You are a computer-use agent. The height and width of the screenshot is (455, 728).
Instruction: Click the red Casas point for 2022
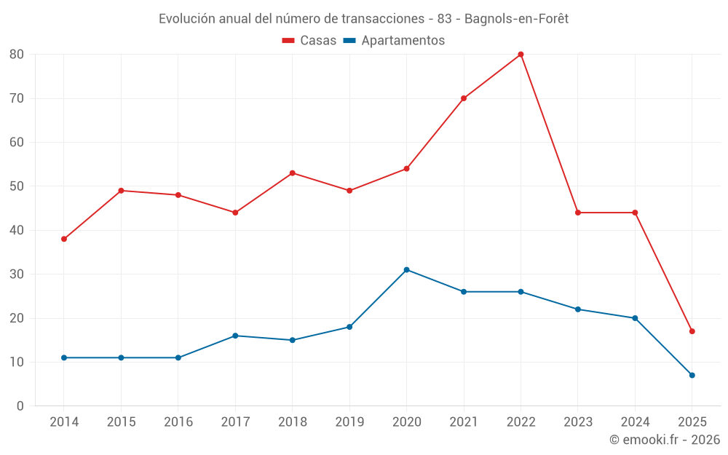pos(521,55)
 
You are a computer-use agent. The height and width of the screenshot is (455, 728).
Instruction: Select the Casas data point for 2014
pos(64,239)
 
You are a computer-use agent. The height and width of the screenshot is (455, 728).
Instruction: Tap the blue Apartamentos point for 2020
pos(406,270)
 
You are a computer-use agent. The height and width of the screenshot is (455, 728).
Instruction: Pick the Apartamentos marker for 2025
pos(692,376)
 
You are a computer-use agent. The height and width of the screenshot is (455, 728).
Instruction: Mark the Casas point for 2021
pos(464,98)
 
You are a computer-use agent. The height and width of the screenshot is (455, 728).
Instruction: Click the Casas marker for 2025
pos(692,331)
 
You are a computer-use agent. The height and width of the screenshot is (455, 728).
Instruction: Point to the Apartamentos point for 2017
pos(235,336)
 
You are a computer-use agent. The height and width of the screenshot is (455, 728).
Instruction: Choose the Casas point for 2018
pos(292,173)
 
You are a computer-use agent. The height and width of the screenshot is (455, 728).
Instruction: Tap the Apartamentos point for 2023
pos(578,309)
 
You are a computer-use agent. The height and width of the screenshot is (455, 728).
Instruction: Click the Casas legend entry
pos(309,41)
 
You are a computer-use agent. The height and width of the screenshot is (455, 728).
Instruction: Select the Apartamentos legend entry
pos(394,41)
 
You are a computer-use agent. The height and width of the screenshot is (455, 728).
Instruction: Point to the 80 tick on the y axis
pos(17,55)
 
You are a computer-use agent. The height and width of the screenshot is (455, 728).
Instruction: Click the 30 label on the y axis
pos(17,274)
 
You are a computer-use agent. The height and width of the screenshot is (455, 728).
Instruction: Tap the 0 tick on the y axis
pos(20,406)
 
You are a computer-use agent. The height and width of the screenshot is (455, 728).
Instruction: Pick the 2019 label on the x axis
pos(349,422)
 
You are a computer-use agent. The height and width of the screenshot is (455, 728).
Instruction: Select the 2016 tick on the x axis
pos(178,422)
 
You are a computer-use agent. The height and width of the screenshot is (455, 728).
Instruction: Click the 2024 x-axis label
pos(635,422)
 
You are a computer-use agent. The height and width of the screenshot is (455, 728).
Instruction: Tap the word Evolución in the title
pos(186,19)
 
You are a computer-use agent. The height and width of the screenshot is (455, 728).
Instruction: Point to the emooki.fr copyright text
pos(665,440)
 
